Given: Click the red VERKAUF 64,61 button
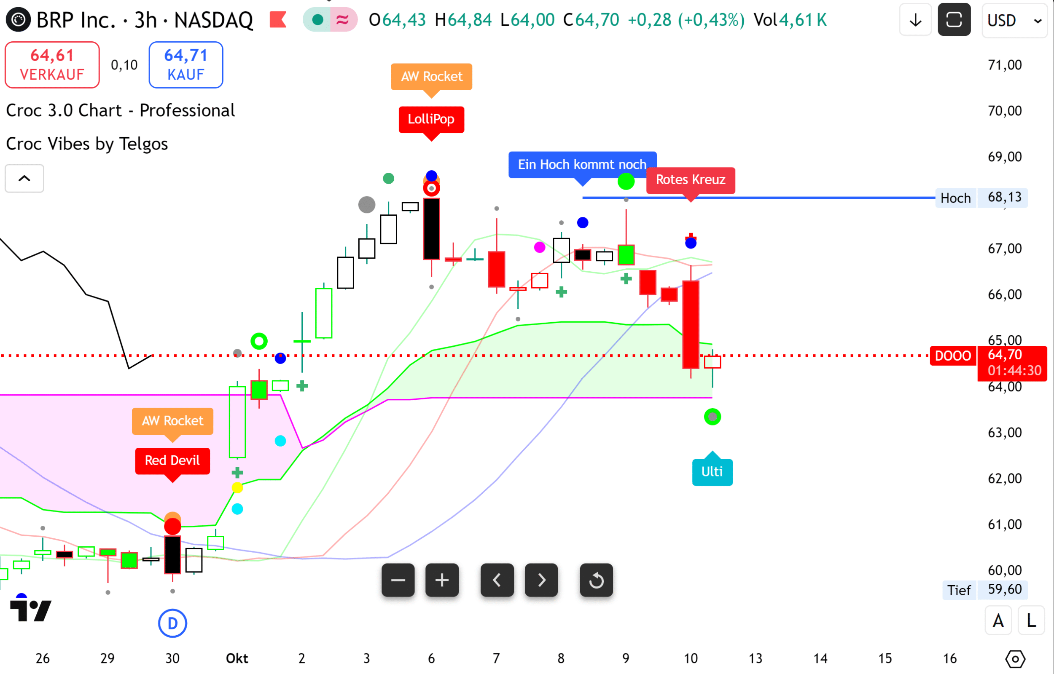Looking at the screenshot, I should pyautogui.click(x=52, y=65).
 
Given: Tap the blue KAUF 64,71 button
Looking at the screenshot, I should pyautogui.click(x=186, y=65).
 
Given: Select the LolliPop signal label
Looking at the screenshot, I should pyautogui.click(x=431, y=119).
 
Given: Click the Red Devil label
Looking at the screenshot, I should pyautogui.click(x=172, y=460).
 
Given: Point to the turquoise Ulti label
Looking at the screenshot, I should pyautogui.click(x=712, y=472).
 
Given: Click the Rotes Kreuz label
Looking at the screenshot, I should pyautogui.click(x=690, y=180).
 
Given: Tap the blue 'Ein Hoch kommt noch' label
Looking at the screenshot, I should pyautogui.click(x=582, y=165).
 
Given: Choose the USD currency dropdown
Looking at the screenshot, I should pyautogui.click(x=1013, y=20).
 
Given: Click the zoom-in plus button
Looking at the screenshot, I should pyautogui.click(x=442, y=580).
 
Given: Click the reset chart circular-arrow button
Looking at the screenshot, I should pyautogui.click(x=596, y=580).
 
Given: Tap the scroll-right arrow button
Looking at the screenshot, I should pyautogui.click(x=541, y=580).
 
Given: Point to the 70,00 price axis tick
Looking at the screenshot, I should pyautogui.click(x=1004, y=111).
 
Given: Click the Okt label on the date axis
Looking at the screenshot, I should pyautogui.click(x=237, y=658).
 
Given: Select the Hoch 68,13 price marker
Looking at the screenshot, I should pyautogui.click(x=981, y=198).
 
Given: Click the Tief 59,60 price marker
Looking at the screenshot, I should pyautogui.click(x=984, y=590).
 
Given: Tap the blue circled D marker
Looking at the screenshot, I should pyautogui.click(x=172, y=623).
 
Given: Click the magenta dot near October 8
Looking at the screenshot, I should pyautogui.click(x=540, y=248).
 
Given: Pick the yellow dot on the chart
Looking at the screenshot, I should pyautogui.click(x=237, y=487).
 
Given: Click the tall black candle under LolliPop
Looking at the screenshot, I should pyautogui.click(x=431, y=229).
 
